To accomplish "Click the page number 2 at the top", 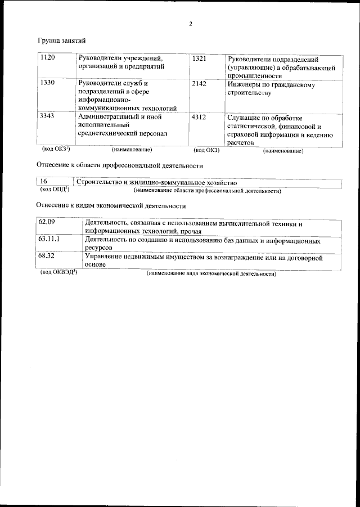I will (191, 24).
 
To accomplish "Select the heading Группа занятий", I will (61, 41).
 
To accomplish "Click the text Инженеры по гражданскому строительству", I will (271, 89).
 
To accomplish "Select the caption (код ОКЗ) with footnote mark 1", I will (56, 150).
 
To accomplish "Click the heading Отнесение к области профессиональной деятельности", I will (119, 166).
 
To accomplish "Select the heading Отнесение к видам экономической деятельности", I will (111, 206).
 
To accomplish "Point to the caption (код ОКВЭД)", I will (58, 273).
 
